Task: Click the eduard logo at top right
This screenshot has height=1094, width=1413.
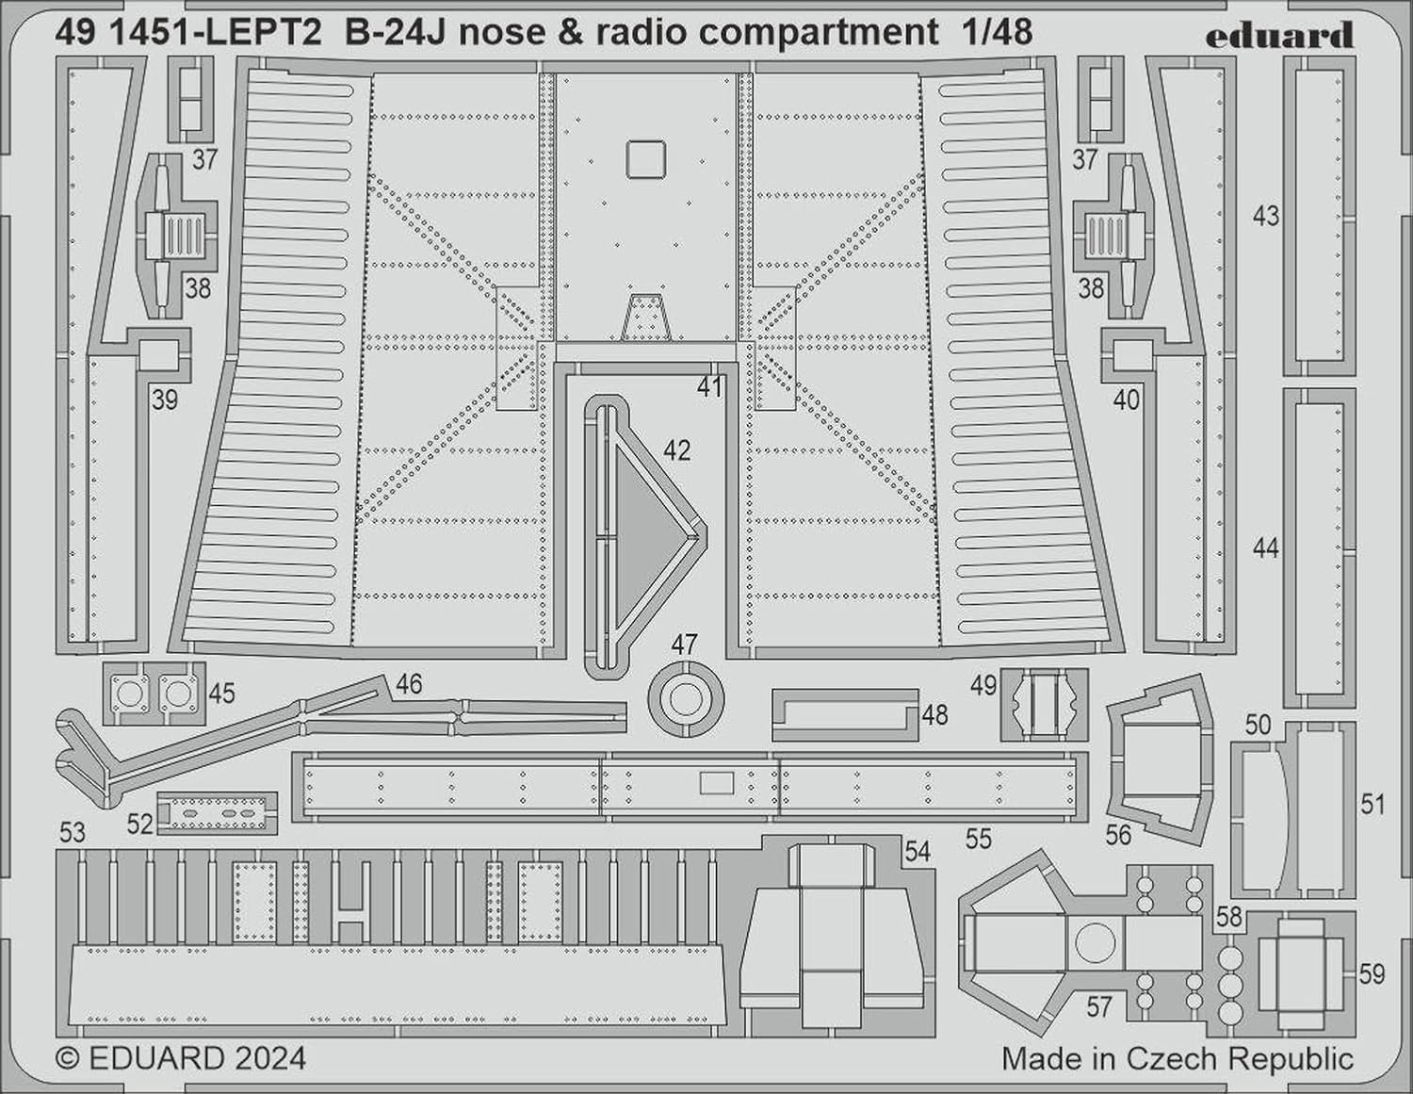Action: click(x=1279, y=36)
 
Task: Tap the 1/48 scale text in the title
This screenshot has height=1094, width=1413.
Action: click(x=995, y=32)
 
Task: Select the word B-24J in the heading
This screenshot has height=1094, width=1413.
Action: click(x=396, y=33)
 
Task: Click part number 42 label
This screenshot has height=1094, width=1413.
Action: click(x=677, y=450)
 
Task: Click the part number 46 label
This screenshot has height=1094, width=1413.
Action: click(x=409, y=683)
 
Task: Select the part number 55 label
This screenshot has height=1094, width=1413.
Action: click(x=979, y=839)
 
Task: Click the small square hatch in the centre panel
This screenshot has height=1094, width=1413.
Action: click(x=645, y=158)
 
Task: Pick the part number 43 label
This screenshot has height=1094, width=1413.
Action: click(x=1265, y=216)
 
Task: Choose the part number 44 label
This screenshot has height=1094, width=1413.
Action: click(x=1265, y=548)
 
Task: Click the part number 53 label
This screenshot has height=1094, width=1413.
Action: click(x=73, y=833)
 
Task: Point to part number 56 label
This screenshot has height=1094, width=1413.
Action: click(x=1118, y=835)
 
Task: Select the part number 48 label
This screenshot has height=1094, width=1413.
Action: click(x=934, y=715)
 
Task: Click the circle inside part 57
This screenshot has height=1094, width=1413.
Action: click(x=1095, y=943)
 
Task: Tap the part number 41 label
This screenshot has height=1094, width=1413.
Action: click(x=709, y=387)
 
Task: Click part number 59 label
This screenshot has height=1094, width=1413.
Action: click(x=1372, y=974)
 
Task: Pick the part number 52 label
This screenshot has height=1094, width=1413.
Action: click(x=139, y=825)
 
